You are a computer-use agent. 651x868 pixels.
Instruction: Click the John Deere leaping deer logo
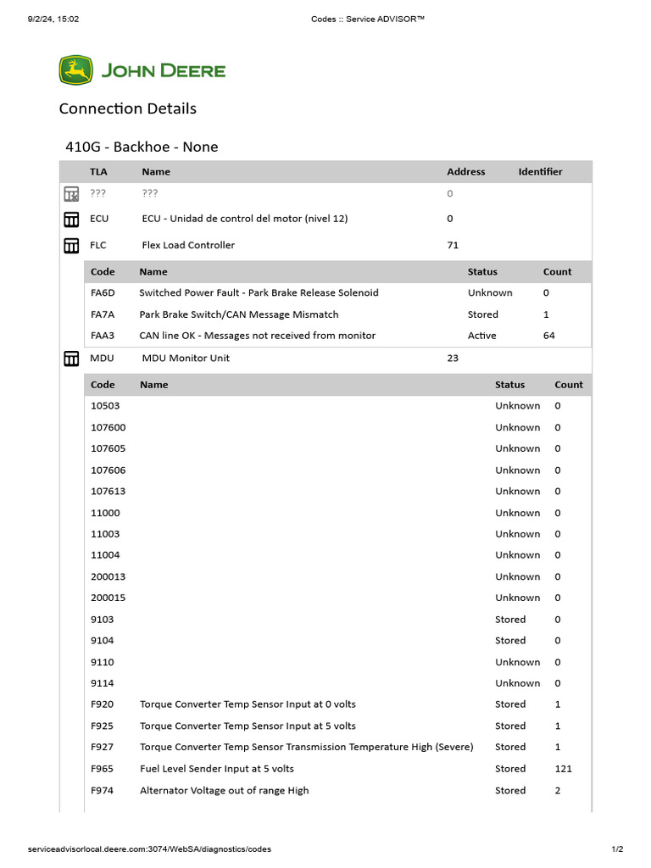pyautogui.click(x=75, y=70)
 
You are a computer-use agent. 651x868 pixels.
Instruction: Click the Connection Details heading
pyautogui.click(x=127, y=108)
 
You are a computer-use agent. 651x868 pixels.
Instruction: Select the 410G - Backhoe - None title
pyautogui.click(x=142, y=147)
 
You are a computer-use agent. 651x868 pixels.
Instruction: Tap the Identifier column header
pyautogui.click(x=540, y=172)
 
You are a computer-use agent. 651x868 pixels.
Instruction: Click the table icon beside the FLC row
pyautogui.click(x=72, y=246)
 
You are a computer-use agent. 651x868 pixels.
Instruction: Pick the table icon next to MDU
pyautogui.click(x=72, y=359)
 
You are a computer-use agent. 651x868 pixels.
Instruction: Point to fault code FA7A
pyautogui.click(x=103, y=314)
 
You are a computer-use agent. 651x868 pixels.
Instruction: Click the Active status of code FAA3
pyautogui.click(x=481, y=336)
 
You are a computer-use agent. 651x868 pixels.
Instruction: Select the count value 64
pyautogui.click(x=548, y=336)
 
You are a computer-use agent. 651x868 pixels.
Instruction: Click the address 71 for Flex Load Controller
pyautogui.click(x=453, y=246)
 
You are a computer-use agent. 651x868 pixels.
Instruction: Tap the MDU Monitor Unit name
pyautogui.click(x=186, y=359)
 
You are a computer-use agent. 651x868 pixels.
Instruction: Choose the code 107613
pyautogui.click(x=108, y=492)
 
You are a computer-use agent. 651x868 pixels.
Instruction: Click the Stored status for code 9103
pyautogui.click(x=510, y=620)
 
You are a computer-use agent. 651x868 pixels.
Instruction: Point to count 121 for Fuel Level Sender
pyautogui.click(x=563, y=769)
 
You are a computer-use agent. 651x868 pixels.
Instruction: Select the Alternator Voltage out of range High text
pyautogui.click(x=224, y=791)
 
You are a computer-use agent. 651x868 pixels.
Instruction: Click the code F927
pyautogui.click(x=102, y=748)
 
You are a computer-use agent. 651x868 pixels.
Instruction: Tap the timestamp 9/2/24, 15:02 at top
pyautogui.click(x=53, y=19)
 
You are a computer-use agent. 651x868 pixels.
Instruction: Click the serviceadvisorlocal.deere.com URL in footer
pyautogui.click(x=149, y=849)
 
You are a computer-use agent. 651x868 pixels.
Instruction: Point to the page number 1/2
pyautogui.click(x=617, y=849)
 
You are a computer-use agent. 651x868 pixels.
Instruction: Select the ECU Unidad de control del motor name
pyautogui.click(x=244, y=219)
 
